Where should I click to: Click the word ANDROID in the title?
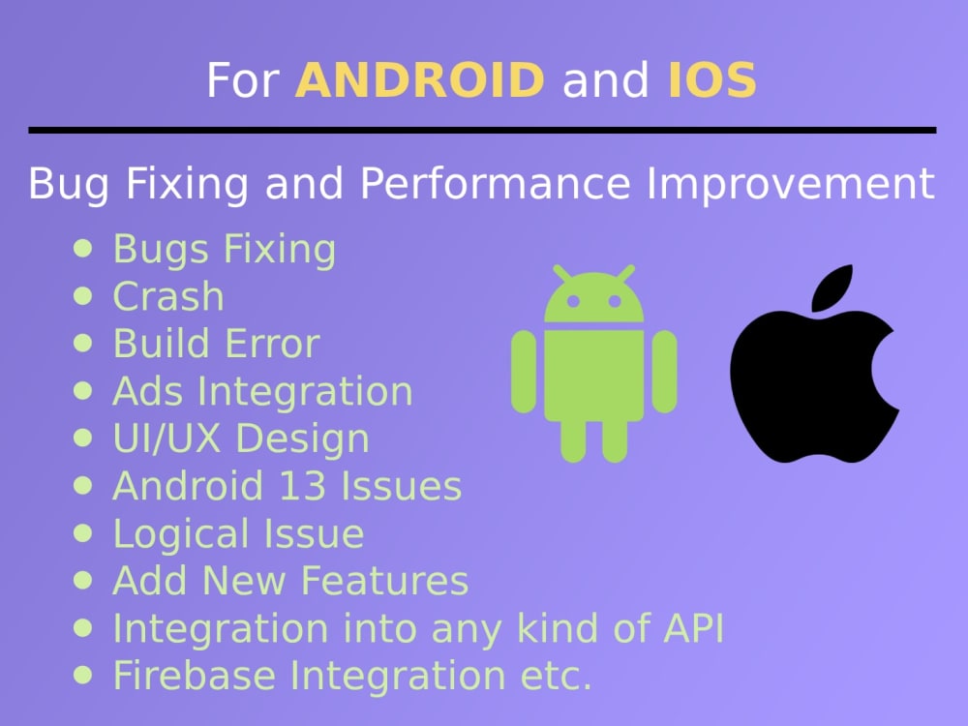420,81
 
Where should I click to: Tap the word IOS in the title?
711,81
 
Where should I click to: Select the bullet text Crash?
168,297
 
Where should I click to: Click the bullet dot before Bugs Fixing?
84,248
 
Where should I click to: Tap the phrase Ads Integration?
262,392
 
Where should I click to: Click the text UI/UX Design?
241,439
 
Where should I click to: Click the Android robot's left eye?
572,302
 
